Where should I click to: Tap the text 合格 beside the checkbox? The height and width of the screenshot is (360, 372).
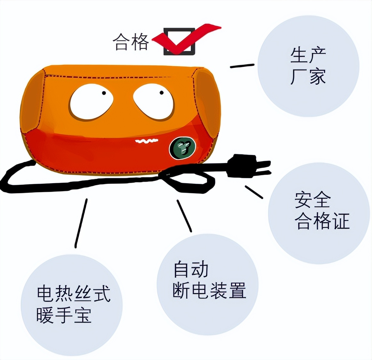pyautogui.click(x=131, y=42)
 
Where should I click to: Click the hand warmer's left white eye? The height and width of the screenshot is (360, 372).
pyautogui.click(x=92, y=102)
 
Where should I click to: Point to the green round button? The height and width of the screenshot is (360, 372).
pyautogui.click(x=182, y=148)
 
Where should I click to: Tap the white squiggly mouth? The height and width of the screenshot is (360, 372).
pyautogui.click(x=147, y=141)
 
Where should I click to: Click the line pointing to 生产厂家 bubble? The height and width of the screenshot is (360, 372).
pyautogui.click(x=242, y=66)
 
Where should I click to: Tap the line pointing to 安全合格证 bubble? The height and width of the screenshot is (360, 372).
pyautogui.click(x=254, y=192)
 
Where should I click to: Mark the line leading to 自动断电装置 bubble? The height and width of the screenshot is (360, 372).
pyautogui.click(x=184, y=216)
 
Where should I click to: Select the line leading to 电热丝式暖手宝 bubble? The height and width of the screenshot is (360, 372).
pyautogui.click(x=81, y=223)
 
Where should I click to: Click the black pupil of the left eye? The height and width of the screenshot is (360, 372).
pyautogui.click(x=104, y=93)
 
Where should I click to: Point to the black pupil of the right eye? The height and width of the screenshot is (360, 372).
pyautogui.click(x=161, y=93)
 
